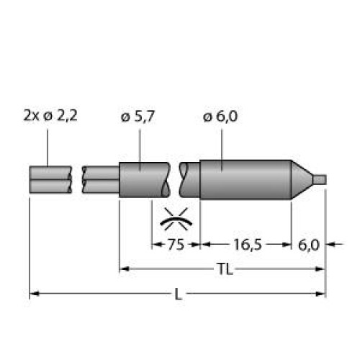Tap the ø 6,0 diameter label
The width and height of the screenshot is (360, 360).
[x=221, y=116]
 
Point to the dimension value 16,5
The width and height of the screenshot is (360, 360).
[x=246, y=245]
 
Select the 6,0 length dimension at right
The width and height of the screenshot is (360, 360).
[x=308, y=245]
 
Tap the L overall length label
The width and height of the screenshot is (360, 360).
[x=178, y=294]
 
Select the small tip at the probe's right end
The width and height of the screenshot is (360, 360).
[x=321, y=178]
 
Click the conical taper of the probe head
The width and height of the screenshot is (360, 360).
[x=302, y=178]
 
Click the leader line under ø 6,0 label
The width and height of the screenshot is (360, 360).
[x=220, y=148]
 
